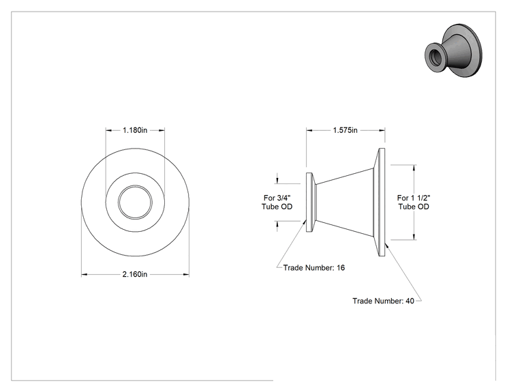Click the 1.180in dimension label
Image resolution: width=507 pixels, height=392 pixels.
point(135,130)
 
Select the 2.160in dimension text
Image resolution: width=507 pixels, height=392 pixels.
point(135,274)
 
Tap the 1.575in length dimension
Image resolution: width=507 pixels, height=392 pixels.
point(345,130)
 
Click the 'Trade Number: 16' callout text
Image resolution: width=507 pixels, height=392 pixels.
point(314,268)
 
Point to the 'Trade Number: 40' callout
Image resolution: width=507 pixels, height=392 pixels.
point(383,301)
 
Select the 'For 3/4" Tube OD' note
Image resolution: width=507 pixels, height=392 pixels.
point(277,202)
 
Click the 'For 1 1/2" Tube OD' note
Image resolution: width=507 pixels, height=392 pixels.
point(414,202)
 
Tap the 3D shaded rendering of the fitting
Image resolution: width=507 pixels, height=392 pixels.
point(453,50)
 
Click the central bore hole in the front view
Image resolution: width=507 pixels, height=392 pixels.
point(135,202)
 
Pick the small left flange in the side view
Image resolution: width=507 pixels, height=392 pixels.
point(310,202)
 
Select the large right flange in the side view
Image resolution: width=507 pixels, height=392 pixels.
point(380,202)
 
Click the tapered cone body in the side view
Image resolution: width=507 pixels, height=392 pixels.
point(344,202)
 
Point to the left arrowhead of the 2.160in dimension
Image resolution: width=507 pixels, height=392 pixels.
point(84,275)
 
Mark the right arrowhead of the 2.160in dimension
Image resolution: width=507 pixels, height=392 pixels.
point(186,275)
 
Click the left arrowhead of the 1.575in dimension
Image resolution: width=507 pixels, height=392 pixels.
point(309,130)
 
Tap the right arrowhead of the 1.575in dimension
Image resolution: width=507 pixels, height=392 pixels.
point(382,130)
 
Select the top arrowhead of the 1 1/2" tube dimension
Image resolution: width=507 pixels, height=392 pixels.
point(414,168)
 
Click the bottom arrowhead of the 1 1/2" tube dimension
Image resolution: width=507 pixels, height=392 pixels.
point(414,237)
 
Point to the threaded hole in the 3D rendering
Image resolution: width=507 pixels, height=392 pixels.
point(433,56)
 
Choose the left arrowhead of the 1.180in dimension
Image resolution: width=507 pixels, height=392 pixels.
point(109,130)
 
